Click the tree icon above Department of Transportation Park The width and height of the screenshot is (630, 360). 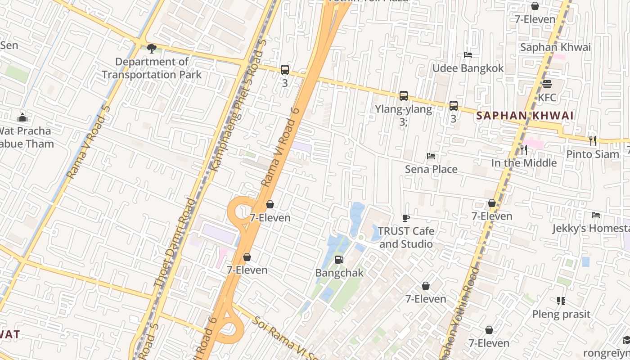click(152, 48)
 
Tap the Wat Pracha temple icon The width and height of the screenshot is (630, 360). click(22, 118)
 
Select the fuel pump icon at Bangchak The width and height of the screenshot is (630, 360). click(339, 259)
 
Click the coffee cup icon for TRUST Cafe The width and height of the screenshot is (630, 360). click(405, 218)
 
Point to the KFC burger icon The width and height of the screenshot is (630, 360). click(547, 84)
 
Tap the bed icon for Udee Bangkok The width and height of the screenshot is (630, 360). click(468, 55)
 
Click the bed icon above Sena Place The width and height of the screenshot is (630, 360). click(431, 156)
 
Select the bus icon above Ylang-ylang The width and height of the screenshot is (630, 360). click(404, 95)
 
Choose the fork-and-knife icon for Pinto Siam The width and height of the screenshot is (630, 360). click(592, 140)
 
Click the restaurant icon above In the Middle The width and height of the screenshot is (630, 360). click(524, 149)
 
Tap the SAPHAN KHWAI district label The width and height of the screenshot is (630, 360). click(525, 116)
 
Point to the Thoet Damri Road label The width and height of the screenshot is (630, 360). click(175, 242)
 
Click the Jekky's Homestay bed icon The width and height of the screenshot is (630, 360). click(596, 215)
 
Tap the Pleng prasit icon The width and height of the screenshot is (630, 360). click(561, 301)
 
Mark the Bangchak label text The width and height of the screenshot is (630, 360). click(339, 273)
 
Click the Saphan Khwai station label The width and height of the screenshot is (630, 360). click(555, 47)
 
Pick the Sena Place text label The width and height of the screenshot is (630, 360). click(431, 169)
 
